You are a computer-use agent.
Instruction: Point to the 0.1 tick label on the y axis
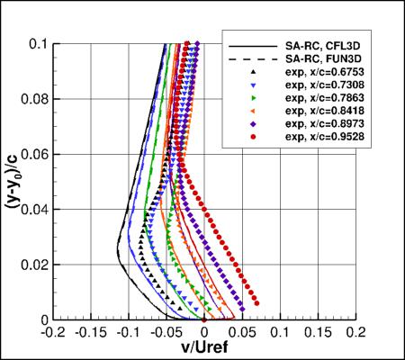pyautogui.click(x=38, y=42)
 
